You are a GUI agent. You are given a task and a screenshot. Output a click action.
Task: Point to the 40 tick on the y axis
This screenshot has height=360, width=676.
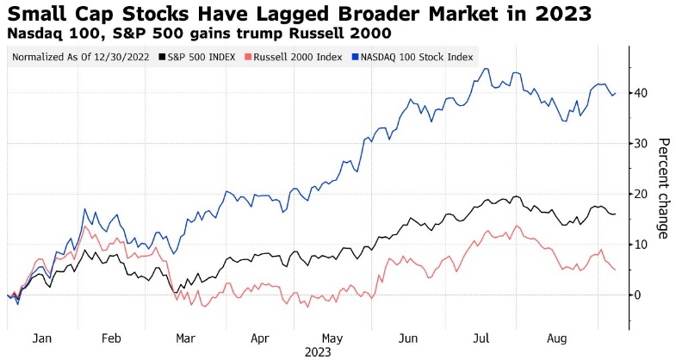[642, 93]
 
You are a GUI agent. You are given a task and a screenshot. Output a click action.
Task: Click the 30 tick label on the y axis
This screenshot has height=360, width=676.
[642, 144]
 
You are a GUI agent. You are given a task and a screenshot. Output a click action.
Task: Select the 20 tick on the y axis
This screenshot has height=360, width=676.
[642, 194]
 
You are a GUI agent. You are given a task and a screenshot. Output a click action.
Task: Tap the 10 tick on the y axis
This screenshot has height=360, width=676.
[642, 245]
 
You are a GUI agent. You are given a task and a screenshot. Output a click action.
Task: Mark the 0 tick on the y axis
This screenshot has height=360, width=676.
[639, 295]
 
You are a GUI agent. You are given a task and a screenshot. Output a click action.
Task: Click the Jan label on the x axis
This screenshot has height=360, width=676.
[40, 339]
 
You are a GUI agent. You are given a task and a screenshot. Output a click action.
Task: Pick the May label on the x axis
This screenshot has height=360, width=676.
[331, 339]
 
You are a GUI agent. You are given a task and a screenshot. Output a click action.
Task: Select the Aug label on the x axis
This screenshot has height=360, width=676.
[555, 339]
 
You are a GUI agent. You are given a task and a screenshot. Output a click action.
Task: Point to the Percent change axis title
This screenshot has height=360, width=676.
[662, 188]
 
